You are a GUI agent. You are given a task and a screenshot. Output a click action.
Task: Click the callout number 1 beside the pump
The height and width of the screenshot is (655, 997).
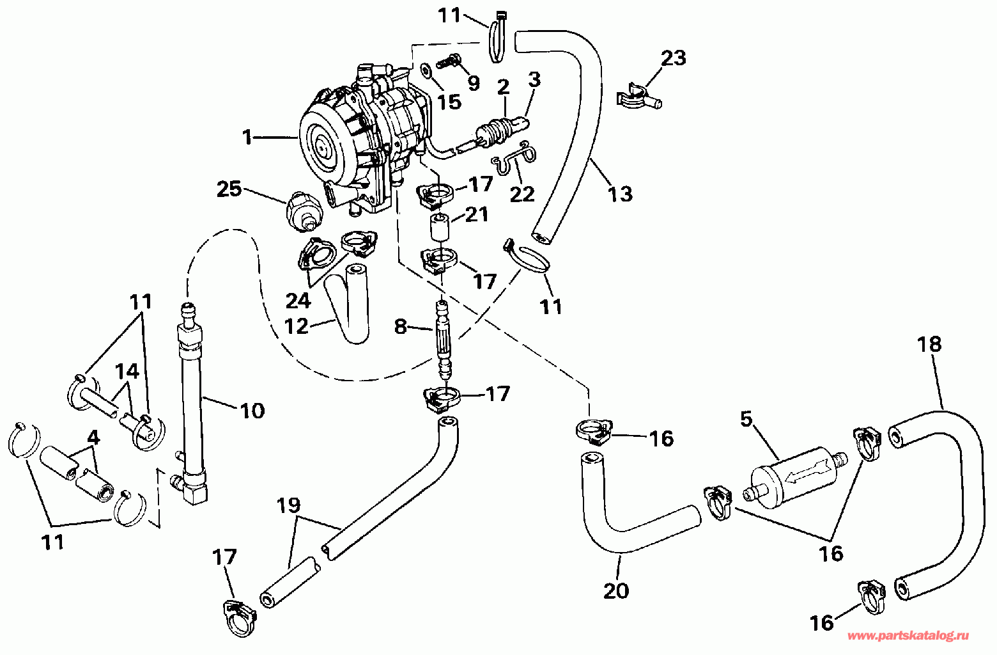248,138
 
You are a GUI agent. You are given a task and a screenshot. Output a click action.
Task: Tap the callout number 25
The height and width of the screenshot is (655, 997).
229,189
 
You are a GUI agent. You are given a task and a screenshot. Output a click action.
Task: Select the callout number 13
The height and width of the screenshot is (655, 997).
621,194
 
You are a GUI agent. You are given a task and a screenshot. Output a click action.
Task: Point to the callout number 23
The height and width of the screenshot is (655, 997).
674,58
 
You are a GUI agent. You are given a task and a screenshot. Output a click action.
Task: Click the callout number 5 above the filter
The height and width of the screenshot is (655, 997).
746,419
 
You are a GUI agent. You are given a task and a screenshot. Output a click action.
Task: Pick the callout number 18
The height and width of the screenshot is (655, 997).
930,344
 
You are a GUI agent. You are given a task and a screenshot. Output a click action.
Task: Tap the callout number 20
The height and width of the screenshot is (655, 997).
616,591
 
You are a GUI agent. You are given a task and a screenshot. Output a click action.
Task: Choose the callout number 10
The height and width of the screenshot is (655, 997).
252,411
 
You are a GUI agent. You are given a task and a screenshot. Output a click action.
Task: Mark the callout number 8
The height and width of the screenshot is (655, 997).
401,327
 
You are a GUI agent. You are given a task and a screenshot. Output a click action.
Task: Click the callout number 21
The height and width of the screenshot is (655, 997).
477,214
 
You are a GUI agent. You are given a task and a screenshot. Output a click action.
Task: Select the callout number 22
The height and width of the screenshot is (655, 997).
522,194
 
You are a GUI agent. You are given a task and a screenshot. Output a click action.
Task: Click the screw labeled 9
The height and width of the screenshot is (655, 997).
447,61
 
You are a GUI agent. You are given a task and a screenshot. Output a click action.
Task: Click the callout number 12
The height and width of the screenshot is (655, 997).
297,327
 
